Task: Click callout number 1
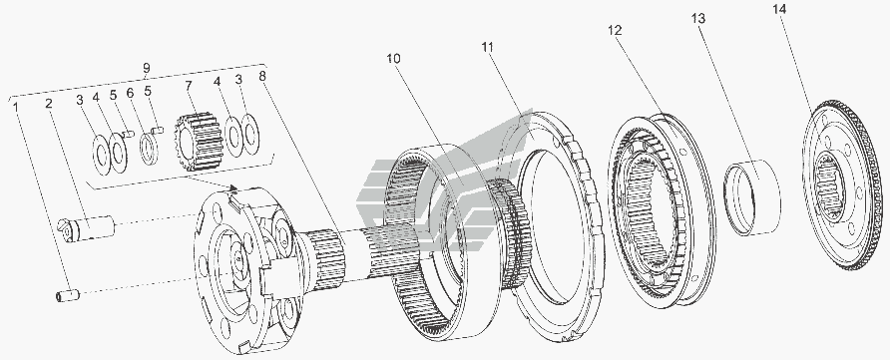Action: point(15,106)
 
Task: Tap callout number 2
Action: point(49,103)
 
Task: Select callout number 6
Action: point(130,93)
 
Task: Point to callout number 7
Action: point(189,86)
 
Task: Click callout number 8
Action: point(261,76)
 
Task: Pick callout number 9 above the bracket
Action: point(146,69)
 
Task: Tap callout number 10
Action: point(394,59)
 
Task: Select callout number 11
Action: point(488,47)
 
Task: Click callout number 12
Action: point(615,30)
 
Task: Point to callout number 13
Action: point(698,19)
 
